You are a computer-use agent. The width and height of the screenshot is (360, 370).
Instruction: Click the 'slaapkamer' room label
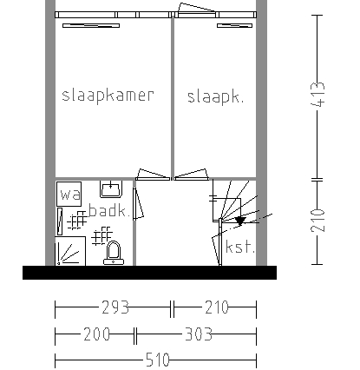(108, 96)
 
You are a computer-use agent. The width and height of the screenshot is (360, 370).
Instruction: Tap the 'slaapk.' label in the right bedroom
(215, 97)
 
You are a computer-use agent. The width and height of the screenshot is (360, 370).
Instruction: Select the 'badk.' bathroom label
(108, 210)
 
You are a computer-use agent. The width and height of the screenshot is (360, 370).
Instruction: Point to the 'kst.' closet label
(240, 247)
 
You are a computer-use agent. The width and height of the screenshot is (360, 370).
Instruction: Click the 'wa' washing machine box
(69, 194)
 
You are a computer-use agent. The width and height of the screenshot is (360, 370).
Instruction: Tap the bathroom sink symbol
(111, 189)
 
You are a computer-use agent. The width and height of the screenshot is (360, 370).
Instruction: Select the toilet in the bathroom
(114, 253)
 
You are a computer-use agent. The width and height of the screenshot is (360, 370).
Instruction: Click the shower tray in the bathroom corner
(70, 251)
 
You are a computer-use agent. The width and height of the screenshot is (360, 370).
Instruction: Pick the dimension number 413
(317, 95)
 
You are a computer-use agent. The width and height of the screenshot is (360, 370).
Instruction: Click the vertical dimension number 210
(317, 221)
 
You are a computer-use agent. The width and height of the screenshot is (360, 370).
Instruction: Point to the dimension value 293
(115, 307)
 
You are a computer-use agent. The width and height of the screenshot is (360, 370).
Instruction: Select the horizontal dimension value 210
(217, 307)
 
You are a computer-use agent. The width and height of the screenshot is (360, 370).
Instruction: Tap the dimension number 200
(96, 334)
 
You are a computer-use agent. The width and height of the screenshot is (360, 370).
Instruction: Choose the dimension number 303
(199, 334)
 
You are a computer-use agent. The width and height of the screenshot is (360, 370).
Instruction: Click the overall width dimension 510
(157, 360)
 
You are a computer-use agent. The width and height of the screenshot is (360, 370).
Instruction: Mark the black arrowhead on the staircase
(240, 221)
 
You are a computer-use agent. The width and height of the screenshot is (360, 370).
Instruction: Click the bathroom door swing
(138, 204)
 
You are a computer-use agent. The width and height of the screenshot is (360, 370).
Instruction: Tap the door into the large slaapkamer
(153, 175)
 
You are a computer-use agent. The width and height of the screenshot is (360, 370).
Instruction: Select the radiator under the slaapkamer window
(91, 26)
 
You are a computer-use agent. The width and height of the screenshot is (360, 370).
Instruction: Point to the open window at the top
(196, 10)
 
